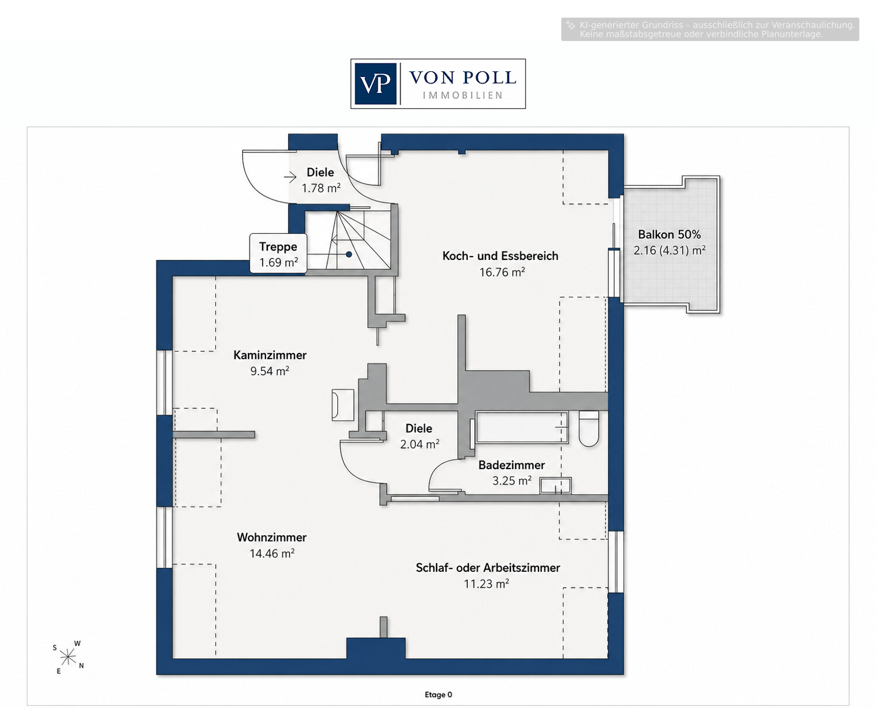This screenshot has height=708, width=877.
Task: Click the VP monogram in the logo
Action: point(375,84)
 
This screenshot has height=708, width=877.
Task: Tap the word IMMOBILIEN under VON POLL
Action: point(463,95)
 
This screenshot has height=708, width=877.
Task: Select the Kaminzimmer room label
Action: point(270,355)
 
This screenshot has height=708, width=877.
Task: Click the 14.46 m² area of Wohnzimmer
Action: point(272,553)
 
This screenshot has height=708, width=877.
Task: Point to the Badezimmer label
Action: point(512,465)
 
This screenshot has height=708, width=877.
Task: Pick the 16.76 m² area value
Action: point(502,272)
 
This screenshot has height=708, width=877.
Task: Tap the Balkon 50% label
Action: point(669,234)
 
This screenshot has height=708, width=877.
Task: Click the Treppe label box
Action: point(278,254)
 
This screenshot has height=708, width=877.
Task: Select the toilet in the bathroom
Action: point(589,428)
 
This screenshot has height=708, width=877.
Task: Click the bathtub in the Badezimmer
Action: point(522,427)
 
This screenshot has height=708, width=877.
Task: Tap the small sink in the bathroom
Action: point(555,485)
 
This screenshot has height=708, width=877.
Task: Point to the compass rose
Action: point(68,657)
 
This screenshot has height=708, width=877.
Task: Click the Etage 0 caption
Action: point(438,695)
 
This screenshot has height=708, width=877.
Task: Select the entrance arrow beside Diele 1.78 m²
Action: point(290,178)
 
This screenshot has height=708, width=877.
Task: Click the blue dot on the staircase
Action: point(348,255)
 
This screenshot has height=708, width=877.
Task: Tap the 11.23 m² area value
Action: point(486,584)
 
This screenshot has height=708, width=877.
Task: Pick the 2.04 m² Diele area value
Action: point(420,445)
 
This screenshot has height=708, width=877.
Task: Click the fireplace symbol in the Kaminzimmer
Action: point(343,405)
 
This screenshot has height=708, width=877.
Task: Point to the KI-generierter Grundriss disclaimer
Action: point(710,29)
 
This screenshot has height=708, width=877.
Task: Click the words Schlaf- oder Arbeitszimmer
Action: point(488,568)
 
